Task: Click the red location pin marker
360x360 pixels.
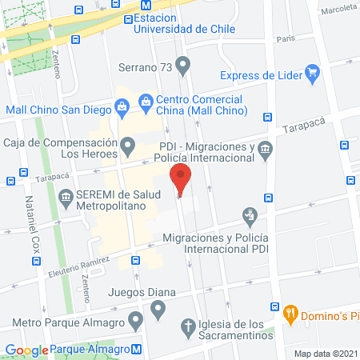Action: click(x=181, y=178)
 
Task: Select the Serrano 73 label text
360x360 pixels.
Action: click(x=144, y=68)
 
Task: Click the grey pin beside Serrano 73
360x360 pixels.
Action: click(x=184, y=64)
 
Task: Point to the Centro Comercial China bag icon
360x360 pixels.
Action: click(x=146, y=102)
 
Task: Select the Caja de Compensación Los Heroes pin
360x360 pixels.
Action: click(x=128, y=147)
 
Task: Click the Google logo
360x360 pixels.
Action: click(x=26, y=350)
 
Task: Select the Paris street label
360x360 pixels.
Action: click(x=286, y=38)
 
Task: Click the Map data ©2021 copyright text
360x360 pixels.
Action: click(x=326, y=353)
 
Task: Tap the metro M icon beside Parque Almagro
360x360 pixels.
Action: click(x=138, y=349)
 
